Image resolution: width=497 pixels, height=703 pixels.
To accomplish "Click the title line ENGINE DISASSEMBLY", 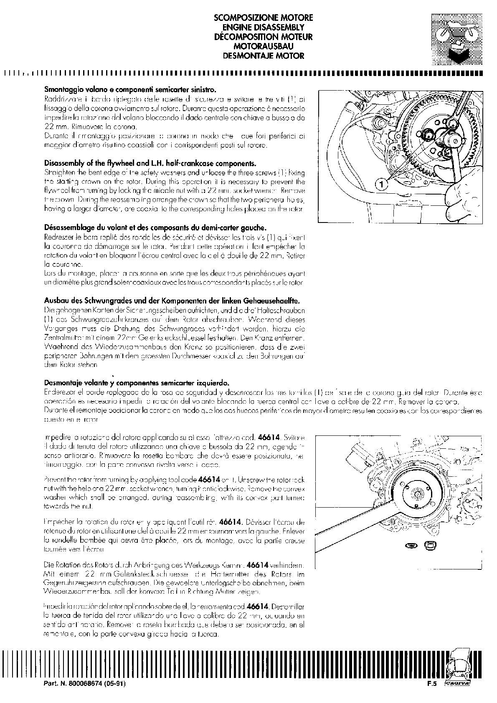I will pos(263,28).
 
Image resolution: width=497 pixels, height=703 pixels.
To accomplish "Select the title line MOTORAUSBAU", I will pos(263,46).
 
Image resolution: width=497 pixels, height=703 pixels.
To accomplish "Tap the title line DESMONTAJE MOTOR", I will pos(263,56).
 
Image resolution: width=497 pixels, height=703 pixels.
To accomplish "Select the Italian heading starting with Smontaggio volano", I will pos(130,90).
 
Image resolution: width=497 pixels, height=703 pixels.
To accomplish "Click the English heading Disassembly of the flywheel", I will pos(150,163).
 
